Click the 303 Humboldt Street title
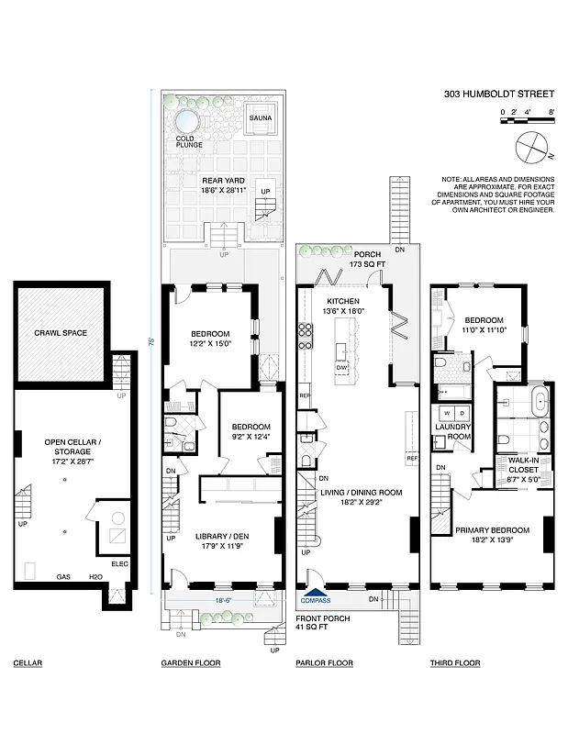499,94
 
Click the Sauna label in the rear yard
261,117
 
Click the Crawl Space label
61,332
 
